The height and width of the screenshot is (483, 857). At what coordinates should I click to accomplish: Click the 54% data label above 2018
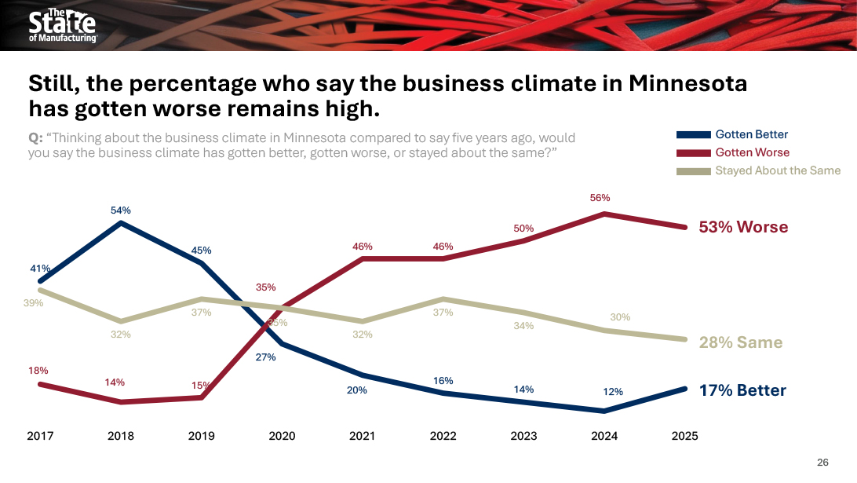click(x=120, y=210)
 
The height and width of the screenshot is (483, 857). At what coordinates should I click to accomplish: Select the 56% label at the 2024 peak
click(x=600, y=198)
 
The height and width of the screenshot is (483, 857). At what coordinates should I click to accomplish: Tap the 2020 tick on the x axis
click(x=282, y=436)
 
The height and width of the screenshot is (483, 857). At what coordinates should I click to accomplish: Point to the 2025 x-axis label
click(x=684, y=436)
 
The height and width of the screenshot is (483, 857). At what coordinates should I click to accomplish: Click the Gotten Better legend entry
click(x=751, y=134)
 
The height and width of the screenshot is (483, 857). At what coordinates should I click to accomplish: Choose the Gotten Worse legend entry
click(x=752, y=152)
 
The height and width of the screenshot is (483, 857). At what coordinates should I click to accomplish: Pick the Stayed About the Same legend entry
click(x=777, y=170)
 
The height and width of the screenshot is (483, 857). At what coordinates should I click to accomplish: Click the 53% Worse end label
click(x=742, y=227)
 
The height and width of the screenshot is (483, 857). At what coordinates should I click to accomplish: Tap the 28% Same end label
click(x=740, y=342)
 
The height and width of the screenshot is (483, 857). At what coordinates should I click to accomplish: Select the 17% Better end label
click(x=742, y=390)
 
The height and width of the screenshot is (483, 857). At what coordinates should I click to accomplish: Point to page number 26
click(x=822, y=462)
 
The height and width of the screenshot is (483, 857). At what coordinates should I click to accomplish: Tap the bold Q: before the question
click(x=36, y=138)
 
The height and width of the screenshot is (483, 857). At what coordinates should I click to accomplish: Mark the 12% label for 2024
click(x=613, y=392)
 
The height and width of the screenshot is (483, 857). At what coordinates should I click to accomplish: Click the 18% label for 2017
click(x=39, y=370)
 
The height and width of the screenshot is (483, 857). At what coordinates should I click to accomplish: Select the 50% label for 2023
click(x=523, y=229)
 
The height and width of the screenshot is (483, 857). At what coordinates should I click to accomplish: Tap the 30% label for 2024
click(x=620, y=317)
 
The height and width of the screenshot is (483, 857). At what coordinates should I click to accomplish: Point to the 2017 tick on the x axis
click(x=40, y=436)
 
